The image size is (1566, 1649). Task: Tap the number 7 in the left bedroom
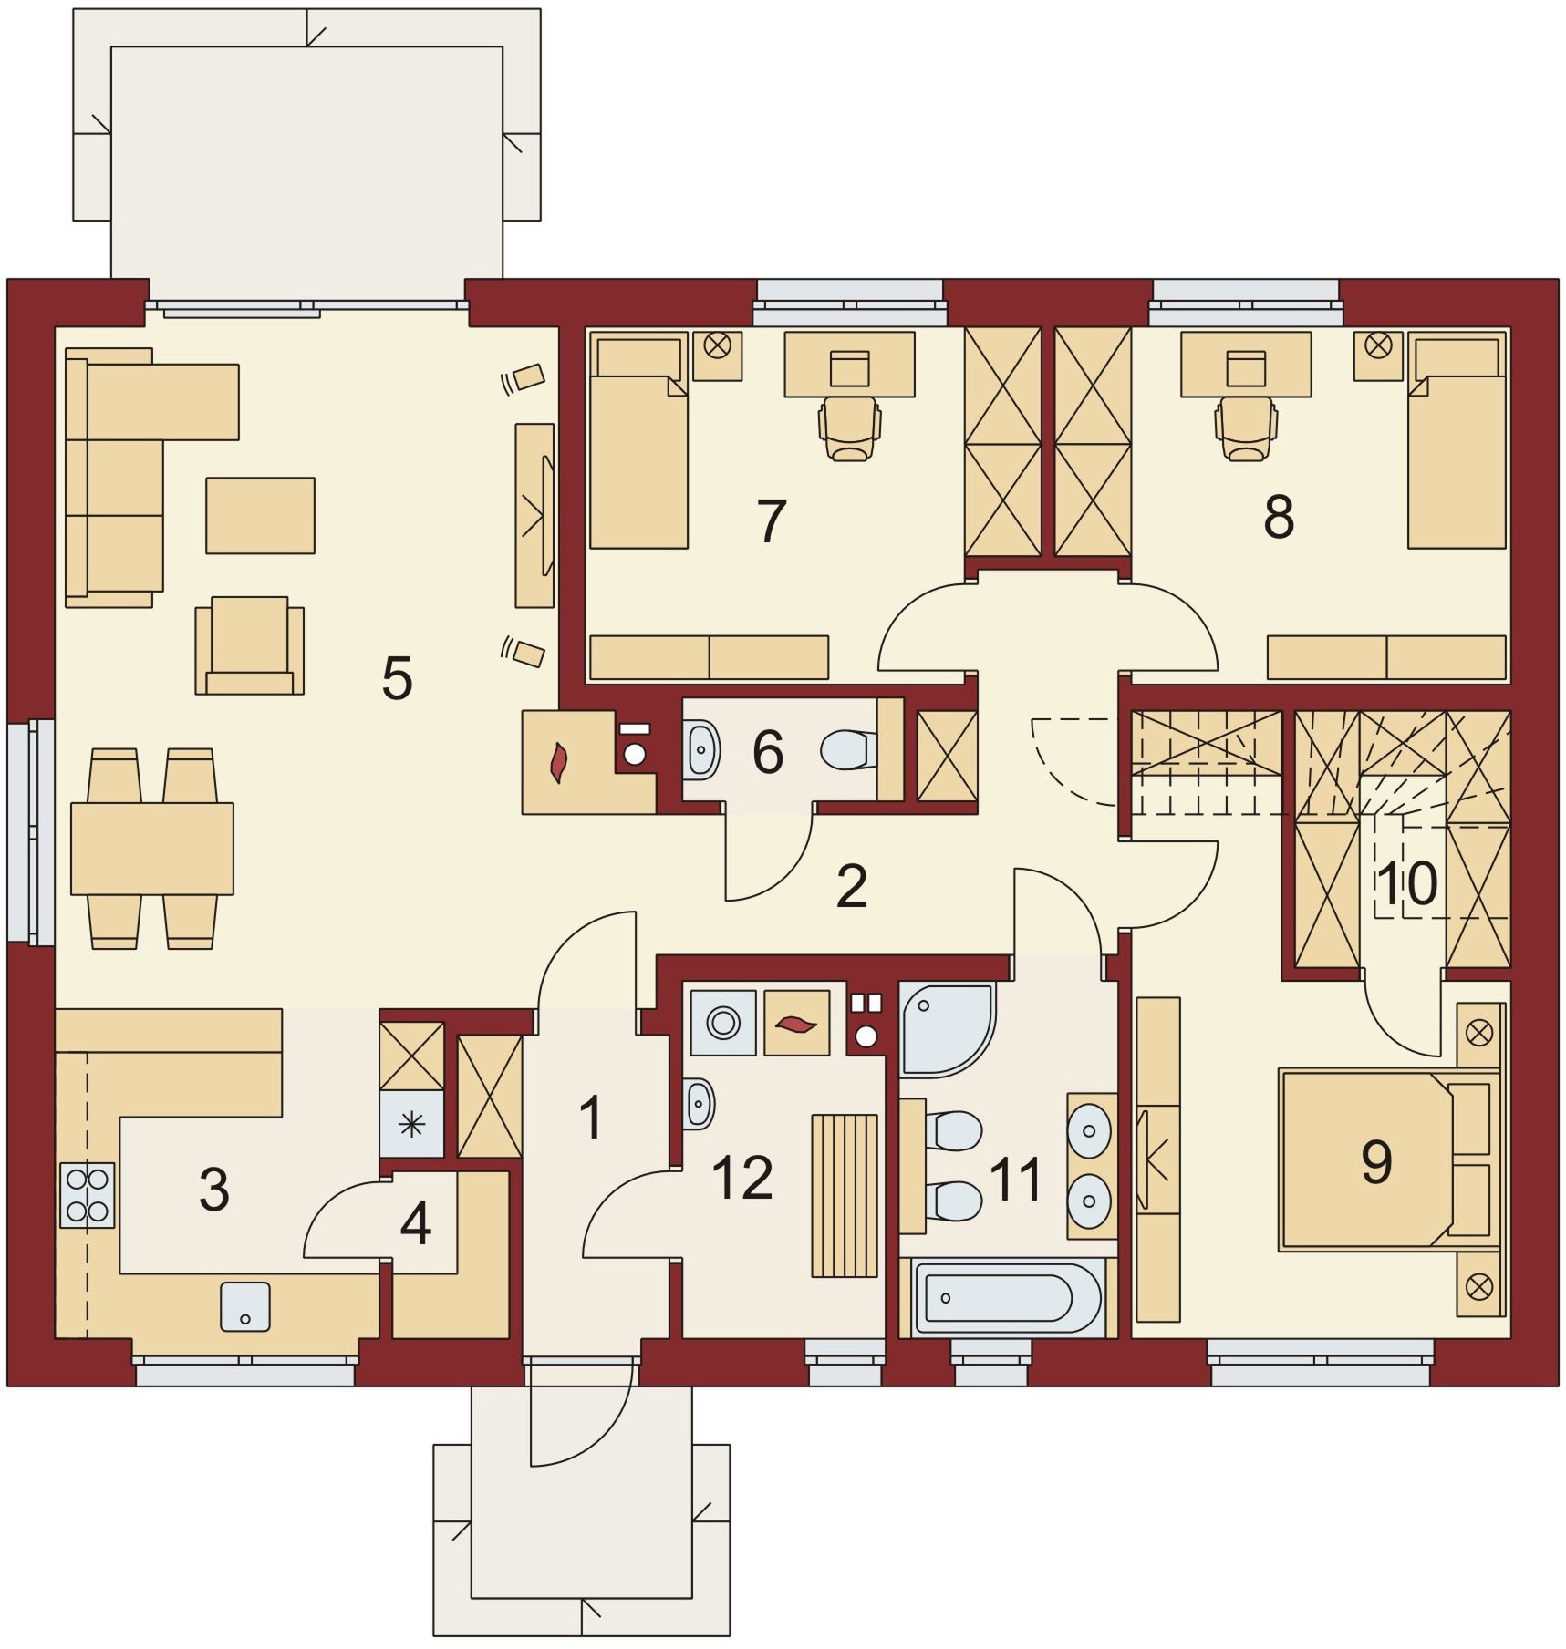(x=771, y=520)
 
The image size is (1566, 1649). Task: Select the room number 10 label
(x=1406, y=882)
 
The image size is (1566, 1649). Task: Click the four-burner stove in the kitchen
(x=88, y=1195)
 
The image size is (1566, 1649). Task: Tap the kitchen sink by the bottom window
(x=245, y=1306)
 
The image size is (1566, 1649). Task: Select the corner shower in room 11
(x=946, y=1029)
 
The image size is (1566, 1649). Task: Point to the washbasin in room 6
(x=700, y=749)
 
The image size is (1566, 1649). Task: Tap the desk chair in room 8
(x=1245, y=428)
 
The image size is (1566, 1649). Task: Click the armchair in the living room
(x=249, y=645)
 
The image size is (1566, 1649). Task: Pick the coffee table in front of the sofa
(x=260, y=515)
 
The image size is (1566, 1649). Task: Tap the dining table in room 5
(x=152, y=848)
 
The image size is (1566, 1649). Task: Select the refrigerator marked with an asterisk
(x=411, y=1124)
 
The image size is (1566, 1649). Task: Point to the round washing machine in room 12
(x=723, y=1022)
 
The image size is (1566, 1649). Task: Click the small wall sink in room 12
(x=699, y=1104)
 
